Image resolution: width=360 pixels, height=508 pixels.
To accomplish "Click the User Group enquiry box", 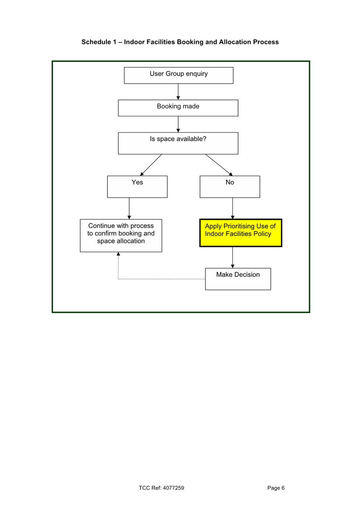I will click(179, 75).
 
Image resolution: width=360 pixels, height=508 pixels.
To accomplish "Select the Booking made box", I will click(178, 108).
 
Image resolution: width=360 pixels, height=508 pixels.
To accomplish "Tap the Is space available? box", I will click(178, 143).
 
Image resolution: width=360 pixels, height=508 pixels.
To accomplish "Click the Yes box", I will click(137, 187).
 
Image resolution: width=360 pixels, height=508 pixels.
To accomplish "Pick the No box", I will click(230, 187).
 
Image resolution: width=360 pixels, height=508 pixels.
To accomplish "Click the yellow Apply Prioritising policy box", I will click(241, 233).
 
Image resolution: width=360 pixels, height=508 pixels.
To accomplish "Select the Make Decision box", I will click(238, 279).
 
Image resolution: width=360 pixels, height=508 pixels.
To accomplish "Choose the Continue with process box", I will click(121, 235).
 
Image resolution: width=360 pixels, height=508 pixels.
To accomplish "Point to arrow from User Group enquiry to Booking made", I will click(178, 91).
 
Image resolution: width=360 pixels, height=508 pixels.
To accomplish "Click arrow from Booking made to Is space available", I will click(178, 124).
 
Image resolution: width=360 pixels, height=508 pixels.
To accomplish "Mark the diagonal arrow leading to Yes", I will click(151, 165).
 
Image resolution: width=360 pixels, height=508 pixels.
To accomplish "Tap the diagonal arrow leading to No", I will click(219, 165).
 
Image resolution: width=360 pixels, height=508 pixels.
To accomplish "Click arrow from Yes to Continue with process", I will click(129, 208).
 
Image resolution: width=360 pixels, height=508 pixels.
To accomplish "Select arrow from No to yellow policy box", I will click(233, 208).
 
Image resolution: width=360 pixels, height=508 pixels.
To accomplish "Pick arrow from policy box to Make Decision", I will click(233, 257).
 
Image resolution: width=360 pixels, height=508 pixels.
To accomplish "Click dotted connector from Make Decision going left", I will click(160, 279).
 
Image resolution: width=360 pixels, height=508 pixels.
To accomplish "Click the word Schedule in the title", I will click(96, 42).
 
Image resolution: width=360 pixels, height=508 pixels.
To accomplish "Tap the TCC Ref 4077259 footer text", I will click(161, 488).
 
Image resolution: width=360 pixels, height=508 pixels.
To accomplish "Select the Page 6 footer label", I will click(276, 488).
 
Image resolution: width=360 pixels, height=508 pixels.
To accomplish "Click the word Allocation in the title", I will click(235, 42).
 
